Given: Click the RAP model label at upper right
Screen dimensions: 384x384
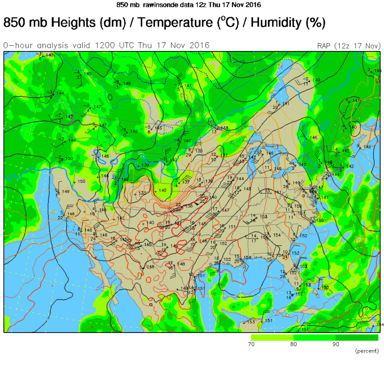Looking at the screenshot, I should pyautogui.click(x=324, y=46).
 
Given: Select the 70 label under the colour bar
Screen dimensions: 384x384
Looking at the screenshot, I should pyautogui.click(x=251, y=344).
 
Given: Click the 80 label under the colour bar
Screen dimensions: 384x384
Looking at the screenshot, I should pyautogui.click(x=293, y=344).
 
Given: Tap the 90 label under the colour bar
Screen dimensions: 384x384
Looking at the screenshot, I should pyautogui.click(x=336, y=344).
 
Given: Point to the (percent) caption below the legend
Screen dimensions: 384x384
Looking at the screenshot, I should pyautogui.click(x=366, y=351).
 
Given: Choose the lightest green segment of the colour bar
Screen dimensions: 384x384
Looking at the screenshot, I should pyautogui.click(x=272, y=337).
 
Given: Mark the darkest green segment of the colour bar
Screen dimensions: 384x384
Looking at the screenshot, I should pyautogui.click(x=357, y=337).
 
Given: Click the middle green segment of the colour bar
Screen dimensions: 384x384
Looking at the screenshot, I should pyautogui.click(x=314, y=337).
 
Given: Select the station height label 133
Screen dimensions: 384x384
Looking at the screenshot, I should pyautogui.click(x=142, y=193).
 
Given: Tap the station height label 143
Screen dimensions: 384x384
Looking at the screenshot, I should pyautogui.click(x=50, y=55).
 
